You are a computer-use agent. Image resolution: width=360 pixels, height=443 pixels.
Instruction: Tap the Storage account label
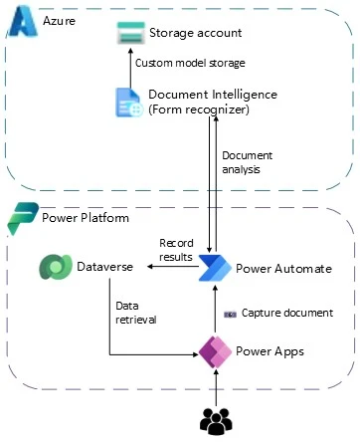tap(195, 34)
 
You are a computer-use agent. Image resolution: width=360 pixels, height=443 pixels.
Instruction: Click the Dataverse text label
tap(104, 268)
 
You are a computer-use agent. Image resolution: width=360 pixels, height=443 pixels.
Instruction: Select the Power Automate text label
tap(282, 269)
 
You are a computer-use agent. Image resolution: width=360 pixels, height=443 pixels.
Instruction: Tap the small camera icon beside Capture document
tap(230, 313)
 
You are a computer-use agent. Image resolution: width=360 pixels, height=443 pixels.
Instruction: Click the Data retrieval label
tap(136, 313)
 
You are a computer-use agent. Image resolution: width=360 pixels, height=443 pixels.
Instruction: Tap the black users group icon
tap(215, 421)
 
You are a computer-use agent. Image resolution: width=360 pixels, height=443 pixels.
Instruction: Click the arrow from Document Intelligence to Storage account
tap(129, 66)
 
